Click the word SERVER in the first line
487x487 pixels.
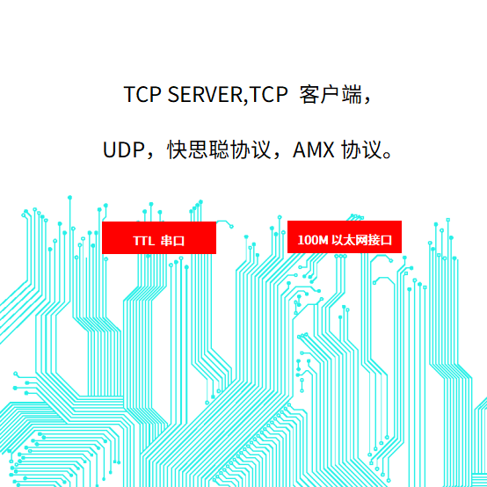coord(206,94)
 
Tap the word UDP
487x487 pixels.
coord(123,150)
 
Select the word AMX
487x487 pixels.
coord(313,150)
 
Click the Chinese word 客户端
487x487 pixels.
coord(331,94)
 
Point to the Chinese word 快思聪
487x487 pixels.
coord(198,150)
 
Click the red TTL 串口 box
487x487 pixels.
coord(159,237)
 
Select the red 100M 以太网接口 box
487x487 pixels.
coord(345,237)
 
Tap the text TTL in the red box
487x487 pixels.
coord(143,241)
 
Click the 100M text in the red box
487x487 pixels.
coord(313,240)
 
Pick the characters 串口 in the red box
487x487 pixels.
coord(172,241)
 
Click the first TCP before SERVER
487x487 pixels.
coord(142,94)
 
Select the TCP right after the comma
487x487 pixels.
coord(269,94)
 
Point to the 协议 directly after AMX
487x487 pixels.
coord(361,150)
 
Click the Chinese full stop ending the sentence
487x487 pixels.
coord(388,155)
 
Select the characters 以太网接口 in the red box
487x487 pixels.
coord(362,240)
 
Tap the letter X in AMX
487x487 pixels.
coord(328,150)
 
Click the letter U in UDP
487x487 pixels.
coord(109,150)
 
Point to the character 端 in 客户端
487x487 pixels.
coord(352,94)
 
